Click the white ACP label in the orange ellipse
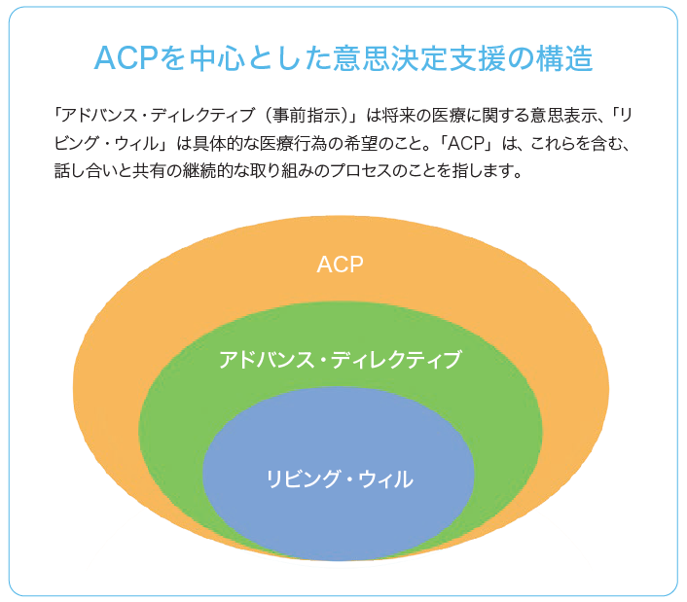click(x=340, y=265)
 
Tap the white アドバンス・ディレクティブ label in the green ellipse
click(x=340, y=360)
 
